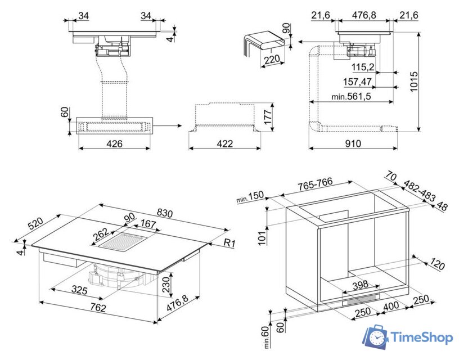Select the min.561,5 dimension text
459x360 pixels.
351,97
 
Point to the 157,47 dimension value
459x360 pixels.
359,82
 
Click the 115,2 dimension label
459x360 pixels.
363,67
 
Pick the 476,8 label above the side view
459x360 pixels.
364,15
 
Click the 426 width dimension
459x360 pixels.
114,143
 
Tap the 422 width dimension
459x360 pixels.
224,143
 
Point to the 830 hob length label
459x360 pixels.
165,213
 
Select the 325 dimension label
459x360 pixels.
79,290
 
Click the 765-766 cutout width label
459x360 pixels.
315,185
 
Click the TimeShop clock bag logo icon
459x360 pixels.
375,336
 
